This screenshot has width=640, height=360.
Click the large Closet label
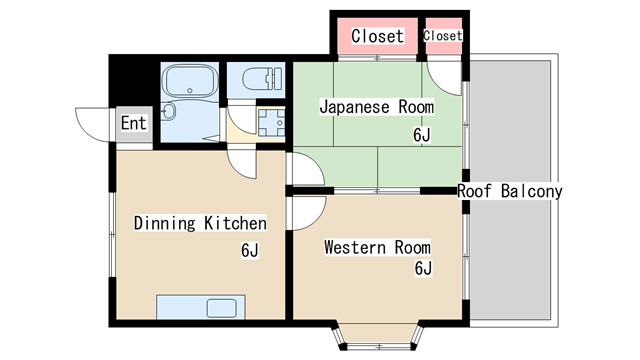click(x=377, y=37)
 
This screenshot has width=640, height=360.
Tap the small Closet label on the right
click(x=443, y=36)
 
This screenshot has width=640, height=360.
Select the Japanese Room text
click(x=376, y=106)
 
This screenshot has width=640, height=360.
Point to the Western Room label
click(x=376, y=247)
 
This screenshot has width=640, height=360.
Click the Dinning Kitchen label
click(x=200, y=223)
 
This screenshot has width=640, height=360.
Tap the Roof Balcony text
click(x=510, y=191)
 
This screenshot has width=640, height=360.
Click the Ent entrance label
click(x=133, y=123)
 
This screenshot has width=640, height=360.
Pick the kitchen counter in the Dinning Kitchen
click(x=196, y=307)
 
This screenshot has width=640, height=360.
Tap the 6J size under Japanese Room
click(x=422, y=134)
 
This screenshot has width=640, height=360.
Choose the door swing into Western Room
click(x=309, y=212)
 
